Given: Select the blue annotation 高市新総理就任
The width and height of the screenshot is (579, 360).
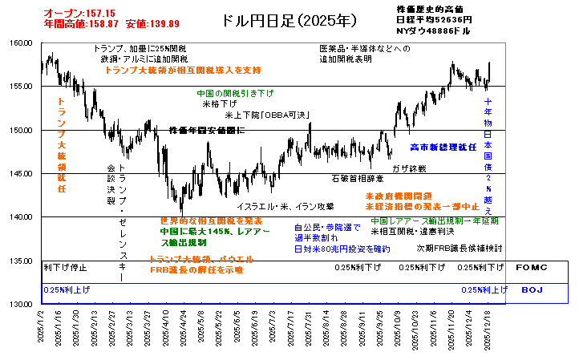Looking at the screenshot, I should point(443,148).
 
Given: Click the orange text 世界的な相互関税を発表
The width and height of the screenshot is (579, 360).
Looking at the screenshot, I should point(211,220).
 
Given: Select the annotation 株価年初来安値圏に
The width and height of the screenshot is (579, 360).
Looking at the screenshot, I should point(207,130).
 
